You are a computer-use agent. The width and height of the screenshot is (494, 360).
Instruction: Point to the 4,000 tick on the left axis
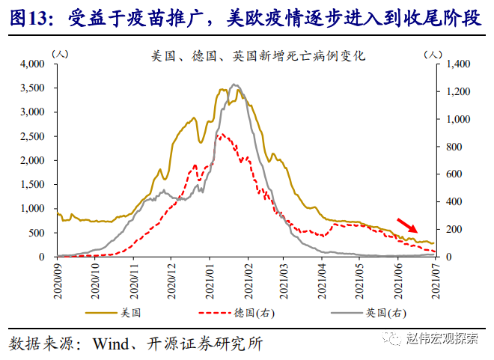click(x=34, y=64)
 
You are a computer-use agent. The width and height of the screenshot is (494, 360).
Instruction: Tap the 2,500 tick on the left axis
click(x=34, y=136)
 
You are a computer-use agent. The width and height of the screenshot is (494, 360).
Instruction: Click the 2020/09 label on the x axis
click(x=57, y=278)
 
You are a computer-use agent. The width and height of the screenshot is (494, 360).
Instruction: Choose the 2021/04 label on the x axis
click(x=321, y=278)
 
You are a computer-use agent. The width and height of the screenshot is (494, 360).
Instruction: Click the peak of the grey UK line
click(x=235, y=85)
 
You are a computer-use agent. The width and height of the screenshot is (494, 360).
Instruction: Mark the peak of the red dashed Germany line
click(x=219, y=135)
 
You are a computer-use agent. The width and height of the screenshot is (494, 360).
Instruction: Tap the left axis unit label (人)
click(x=63, y=55)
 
